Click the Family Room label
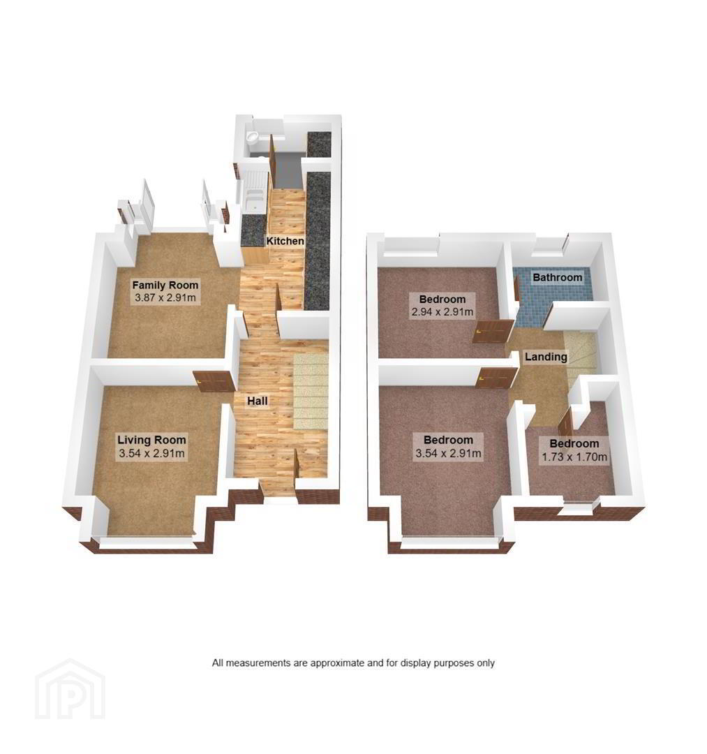(x=165, y=285)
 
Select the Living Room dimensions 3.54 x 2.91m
(x=152, y=453)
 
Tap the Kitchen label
(x=285, y=240)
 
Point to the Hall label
(x=258, y=401)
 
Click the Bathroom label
(x=558, y=277)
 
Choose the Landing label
(x=546, y=357)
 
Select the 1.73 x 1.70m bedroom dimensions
(x=574, y=457)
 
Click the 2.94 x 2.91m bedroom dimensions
(x=442, y=311)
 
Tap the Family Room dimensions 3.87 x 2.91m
(x=165, y=297)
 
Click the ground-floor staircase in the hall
(x=311, y=391)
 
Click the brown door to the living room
(x=214, y=380)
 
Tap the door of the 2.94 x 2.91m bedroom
(x=493, y=332)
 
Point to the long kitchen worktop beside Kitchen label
(x=318, y=240)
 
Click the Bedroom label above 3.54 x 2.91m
(x=449, y=440)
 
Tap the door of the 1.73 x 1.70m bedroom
(x=566, y=422)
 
